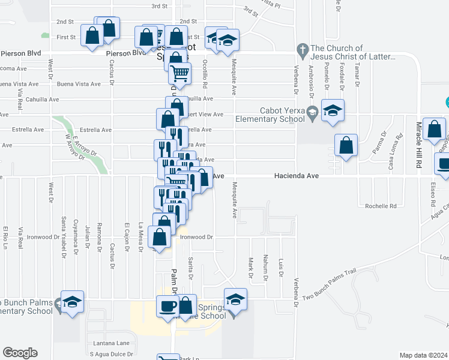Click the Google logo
(20, 352)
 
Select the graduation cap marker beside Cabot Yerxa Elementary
(333, 111)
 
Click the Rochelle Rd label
(381, 206)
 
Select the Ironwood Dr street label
(196, 237)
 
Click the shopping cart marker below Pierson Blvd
(180, 74)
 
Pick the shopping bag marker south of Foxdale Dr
(346, 145)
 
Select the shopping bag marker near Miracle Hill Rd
(434, 129)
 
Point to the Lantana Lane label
(111, 343)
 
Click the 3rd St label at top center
(158, 6)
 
